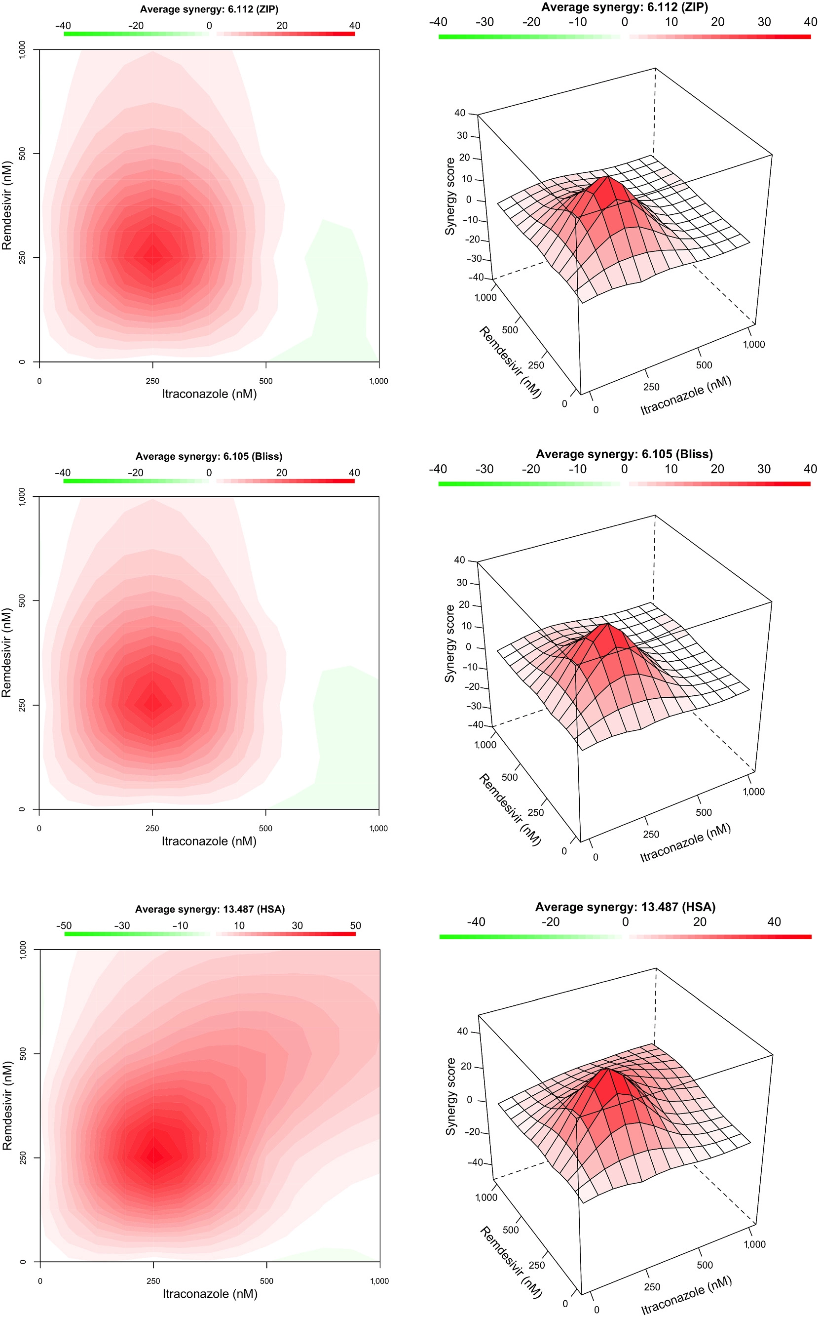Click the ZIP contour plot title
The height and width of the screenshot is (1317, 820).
[x=209, y=9]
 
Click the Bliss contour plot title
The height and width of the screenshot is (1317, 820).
[x=209, y=456]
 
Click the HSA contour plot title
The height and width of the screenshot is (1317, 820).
[x=210, y=909]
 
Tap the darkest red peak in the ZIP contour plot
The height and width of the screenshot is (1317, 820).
[x=153, y=255]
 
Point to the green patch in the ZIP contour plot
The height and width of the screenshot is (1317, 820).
[x=339, y=287]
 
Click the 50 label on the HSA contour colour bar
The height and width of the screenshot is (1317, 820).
[x=355, y=926]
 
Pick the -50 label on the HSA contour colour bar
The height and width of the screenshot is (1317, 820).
[x=64, y=926]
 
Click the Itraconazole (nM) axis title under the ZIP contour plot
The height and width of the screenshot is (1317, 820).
[x=209, y=394]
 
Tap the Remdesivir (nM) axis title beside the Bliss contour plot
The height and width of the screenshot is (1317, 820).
[x=6, y=652]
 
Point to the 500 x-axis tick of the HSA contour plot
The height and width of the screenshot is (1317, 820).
[x=266, y=1281]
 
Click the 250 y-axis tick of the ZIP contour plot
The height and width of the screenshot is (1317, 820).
[x=22, y=258]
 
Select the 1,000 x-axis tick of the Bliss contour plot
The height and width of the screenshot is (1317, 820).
[x=378, y=829]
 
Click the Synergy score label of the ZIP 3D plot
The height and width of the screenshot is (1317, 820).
[x=449, y=197]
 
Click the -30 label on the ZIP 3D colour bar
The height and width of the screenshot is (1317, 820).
[x=485, y=22]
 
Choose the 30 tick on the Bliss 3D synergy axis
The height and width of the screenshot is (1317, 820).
[x=462, y=583]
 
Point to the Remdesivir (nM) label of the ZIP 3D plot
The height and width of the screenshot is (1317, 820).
[x=510, y=362]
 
